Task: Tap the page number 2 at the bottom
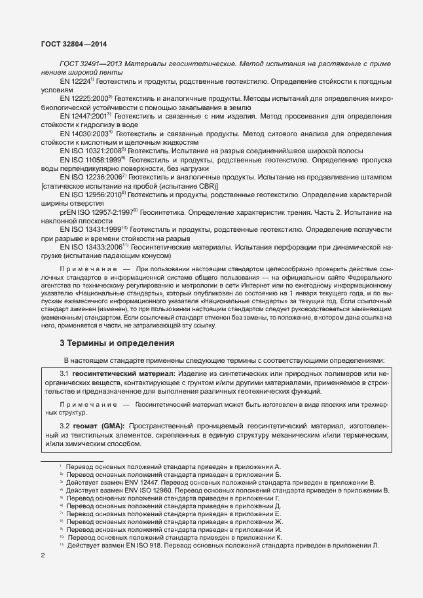(x=43, y=555)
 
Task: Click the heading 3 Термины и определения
(x=117, y=343)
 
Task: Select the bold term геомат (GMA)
(x=98, y=426)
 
